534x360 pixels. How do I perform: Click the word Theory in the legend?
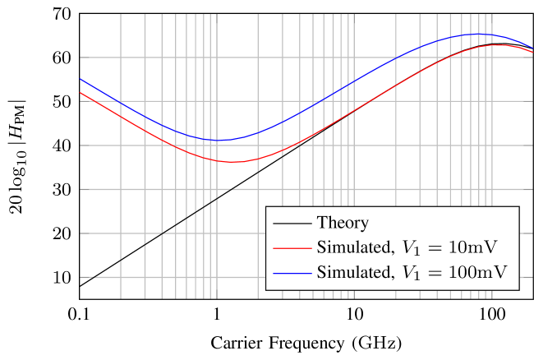(x=343, y=223)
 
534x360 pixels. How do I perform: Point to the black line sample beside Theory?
(x=292, y=223)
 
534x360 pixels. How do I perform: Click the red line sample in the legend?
(x=292, y=247)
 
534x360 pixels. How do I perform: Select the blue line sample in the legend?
(x=292, y=272)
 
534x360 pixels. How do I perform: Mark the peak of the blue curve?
(x=479, y=35)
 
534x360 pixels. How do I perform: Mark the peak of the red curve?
(x=500, y=44)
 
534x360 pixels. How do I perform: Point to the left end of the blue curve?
(x=81, y=80)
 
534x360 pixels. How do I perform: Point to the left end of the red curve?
(x=81, y=93)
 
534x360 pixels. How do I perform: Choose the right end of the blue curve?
(x=533, y=49)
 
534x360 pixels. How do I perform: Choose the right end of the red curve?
(x=533, y=52)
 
